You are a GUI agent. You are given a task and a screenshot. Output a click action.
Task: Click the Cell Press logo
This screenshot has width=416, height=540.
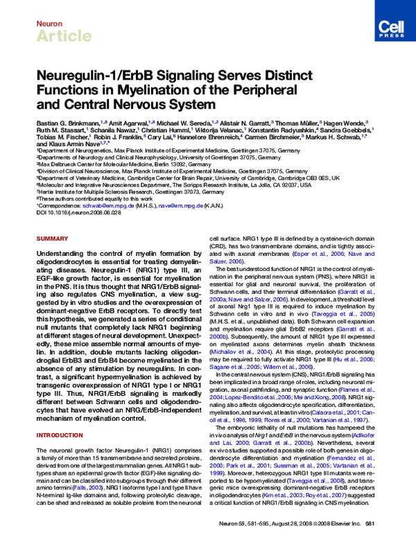[389, 26]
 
